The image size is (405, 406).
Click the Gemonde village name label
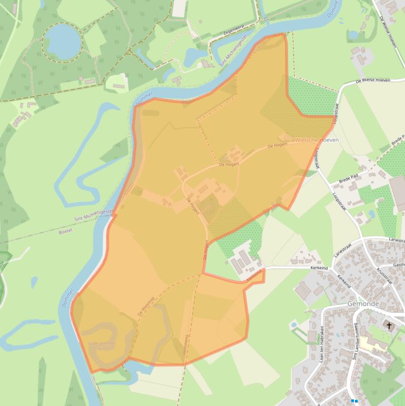click(x=363, y=304)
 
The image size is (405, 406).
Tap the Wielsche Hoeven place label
click(x=317, y=140)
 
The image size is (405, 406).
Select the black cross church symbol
click(x=390, y=325)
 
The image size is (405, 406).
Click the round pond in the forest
click(x=63, y=41)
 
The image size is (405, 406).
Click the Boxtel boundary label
click(x=65, y=231)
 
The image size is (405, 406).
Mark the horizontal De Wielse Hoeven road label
click(x=372, y=81)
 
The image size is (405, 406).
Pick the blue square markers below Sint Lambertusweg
click(x=355, y=401)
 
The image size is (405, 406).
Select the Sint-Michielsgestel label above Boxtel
click(x=95, y=217)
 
